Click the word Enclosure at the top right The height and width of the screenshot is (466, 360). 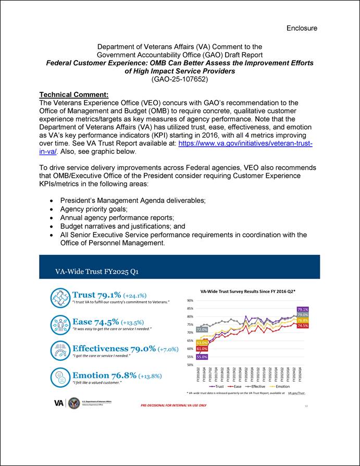(x=302, y=28)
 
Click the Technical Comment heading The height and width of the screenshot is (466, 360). (x=73, y=95)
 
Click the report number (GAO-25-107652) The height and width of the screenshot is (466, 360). (x=179, y=79)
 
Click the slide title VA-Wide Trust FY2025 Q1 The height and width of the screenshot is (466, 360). (x=97, y=272)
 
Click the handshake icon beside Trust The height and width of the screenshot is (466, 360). (x=60, y=298)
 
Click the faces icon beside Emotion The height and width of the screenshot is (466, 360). (x=60, y=377)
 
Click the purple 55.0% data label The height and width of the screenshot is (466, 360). (x=202, y=357)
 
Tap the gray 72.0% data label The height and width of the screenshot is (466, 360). (x=202, y=329)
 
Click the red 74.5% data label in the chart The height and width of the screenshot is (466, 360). (x=303, y=325)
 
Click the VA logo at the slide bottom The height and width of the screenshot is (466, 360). (x=60, y=402)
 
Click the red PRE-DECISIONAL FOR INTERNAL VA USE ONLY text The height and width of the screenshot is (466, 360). (x=173, y=405)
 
